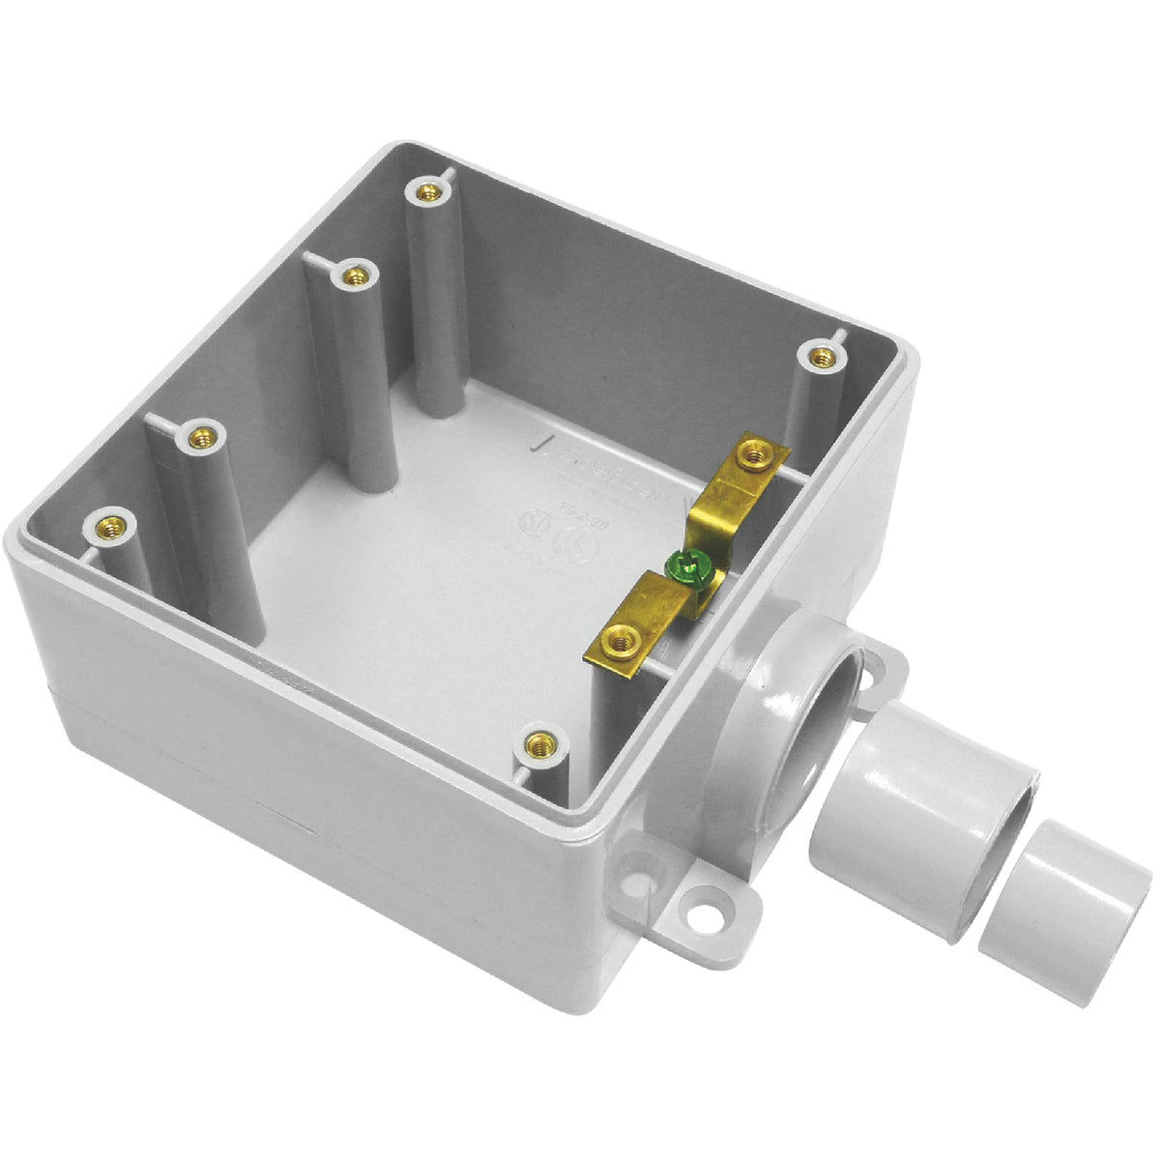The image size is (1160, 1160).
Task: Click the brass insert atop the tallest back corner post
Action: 423,190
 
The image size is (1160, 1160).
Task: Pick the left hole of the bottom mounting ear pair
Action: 641,880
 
